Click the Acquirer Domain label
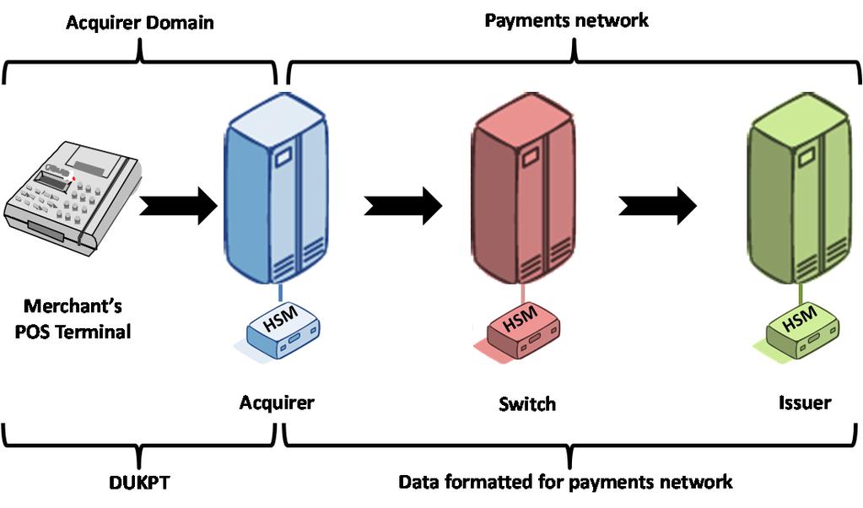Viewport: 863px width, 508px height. pyautogui.click(x=140, y=23)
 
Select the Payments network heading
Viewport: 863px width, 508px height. pyautogui.click(x=566, y=20)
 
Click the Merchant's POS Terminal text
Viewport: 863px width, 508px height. pyautogui.click(x=77, y=319)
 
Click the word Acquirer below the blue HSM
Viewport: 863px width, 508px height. pyautogui.click(x=276, y=402)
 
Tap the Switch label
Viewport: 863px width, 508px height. pyautogui.click(x=526, y=404)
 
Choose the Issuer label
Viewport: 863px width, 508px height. pyautogui.click(x=804, y=403)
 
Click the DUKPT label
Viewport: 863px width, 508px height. pyautogui.click(x=140, y=482)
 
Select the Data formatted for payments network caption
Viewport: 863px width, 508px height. pyautogui.click(x=565, y=482)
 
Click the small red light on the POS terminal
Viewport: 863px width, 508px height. pyautogui.click(x=74, y=178)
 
